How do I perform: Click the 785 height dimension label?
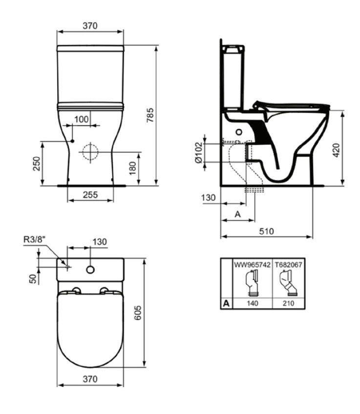pos(150,114)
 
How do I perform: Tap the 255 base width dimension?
pos(90,195)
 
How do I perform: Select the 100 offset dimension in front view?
pos(81,119)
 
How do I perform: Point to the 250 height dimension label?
pos(36,164)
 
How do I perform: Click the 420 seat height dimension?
pos(336,150)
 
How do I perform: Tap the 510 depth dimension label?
pos(266,231)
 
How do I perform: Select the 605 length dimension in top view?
pos(138,313)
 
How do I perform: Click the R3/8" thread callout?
pos(35,240)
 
